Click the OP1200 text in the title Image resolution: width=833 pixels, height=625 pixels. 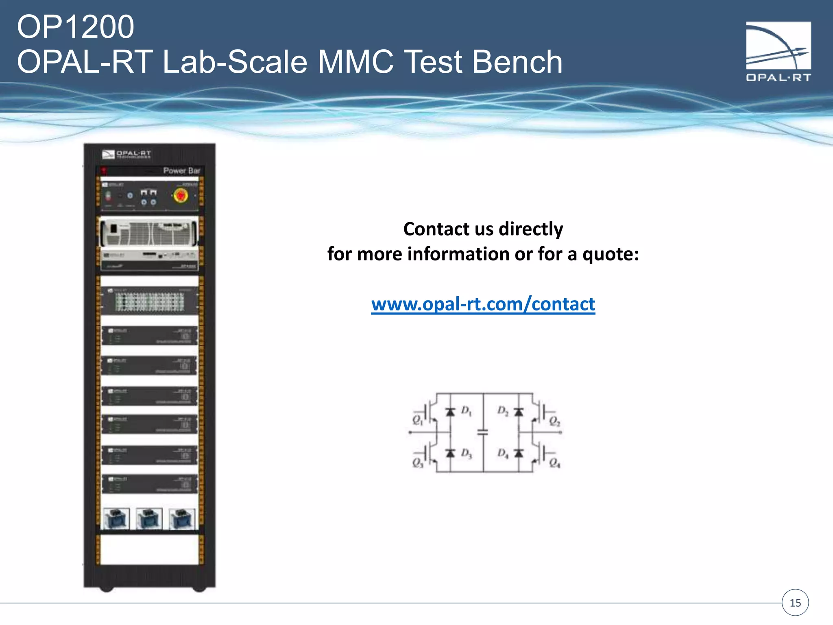click(75, 27)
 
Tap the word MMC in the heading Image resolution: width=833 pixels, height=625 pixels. click(355, 62)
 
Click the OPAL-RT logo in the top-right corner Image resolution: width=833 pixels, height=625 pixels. click(778, 51)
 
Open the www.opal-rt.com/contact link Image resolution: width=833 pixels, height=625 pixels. click(483, 304)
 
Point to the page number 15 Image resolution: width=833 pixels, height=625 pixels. click(795, 603)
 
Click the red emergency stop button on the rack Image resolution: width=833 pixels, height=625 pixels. click(180, 196)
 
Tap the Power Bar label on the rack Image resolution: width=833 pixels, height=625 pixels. click(181, 171)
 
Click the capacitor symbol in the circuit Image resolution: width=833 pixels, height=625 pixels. click(482, 433)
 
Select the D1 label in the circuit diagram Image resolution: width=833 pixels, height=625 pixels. click(466, 411)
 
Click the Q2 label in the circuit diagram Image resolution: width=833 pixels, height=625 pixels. click(554, 421)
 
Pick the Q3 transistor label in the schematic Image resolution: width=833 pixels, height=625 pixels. click(418, 463)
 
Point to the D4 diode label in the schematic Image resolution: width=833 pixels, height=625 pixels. click(503, 453)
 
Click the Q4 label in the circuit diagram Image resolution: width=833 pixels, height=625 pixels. click(554, 463)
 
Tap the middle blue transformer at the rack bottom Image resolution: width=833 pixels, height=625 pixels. click(149, 519)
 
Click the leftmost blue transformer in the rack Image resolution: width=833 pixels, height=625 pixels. click(117, 519)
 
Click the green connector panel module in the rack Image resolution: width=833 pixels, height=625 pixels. click(149, 302)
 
